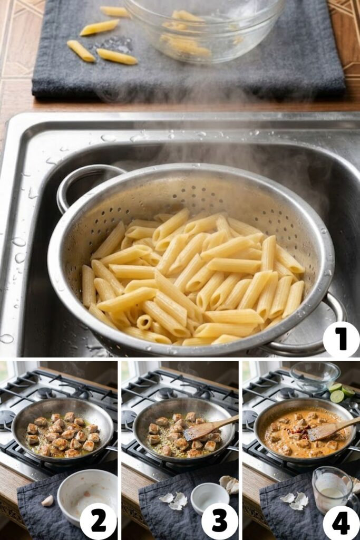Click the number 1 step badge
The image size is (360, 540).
tap(341, 339)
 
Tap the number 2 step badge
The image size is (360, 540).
tap(99, 520)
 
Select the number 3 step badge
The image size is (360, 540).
tap(219, 520)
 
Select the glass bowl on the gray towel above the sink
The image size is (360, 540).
tap(203, 29)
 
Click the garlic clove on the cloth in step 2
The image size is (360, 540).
tap(48, 501)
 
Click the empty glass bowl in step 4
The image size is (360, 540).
tap(315, 374)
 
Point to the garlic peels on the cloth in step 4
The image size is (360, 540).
tap(295, 500)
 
